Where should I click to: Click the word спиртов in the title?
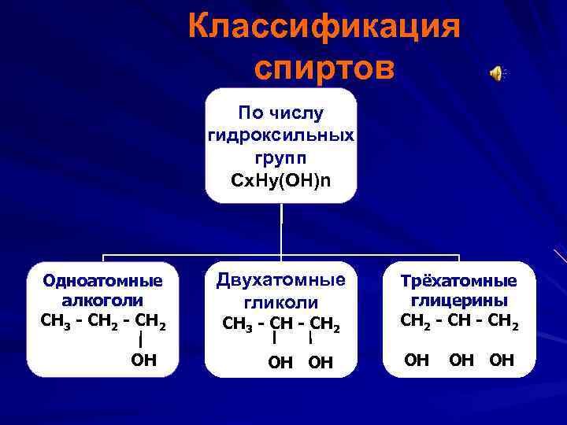click(324, 68)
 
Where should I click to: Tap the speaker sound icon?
click(496, 73)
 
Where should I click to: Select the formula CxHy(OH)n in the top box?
click(281, 180)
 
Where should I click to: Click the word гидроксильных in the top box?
click(281, 135)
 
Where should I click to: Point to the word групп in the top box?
click(281, 157)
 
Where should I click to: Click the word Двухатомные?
click(281, 280)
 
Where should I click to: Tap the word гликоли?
click(281, 302)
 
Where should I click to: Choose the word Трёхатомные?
click(458, 281)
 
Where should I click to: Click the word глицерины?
click(458, 300)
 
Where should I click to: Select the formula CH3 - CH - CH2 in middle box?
click(281, 323)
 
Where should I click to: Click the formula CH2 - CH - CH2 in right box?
click(458, 320)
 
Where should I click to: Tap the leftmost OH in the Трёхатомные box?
click(417, 360)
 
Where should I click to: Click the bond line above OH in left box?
click(140, 340)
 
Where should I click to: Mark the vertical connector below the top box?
click(281, 228)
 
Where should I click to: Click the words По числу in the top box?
click(281, 114)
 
